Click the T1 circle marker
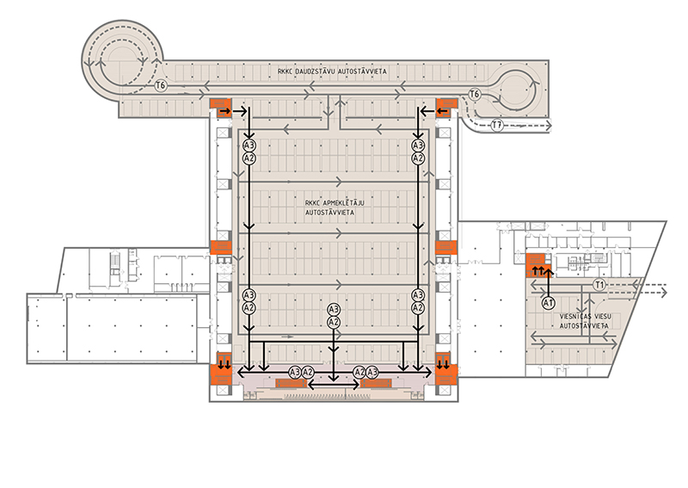[600, 284]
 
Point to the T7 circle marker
[496, 126]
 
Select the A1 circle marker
[548, 303]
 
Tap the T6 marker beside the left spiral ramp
[160, 86]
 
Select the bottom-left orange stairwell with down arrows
[222, 365]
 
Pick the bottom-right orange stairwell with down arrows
[445, 365]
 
